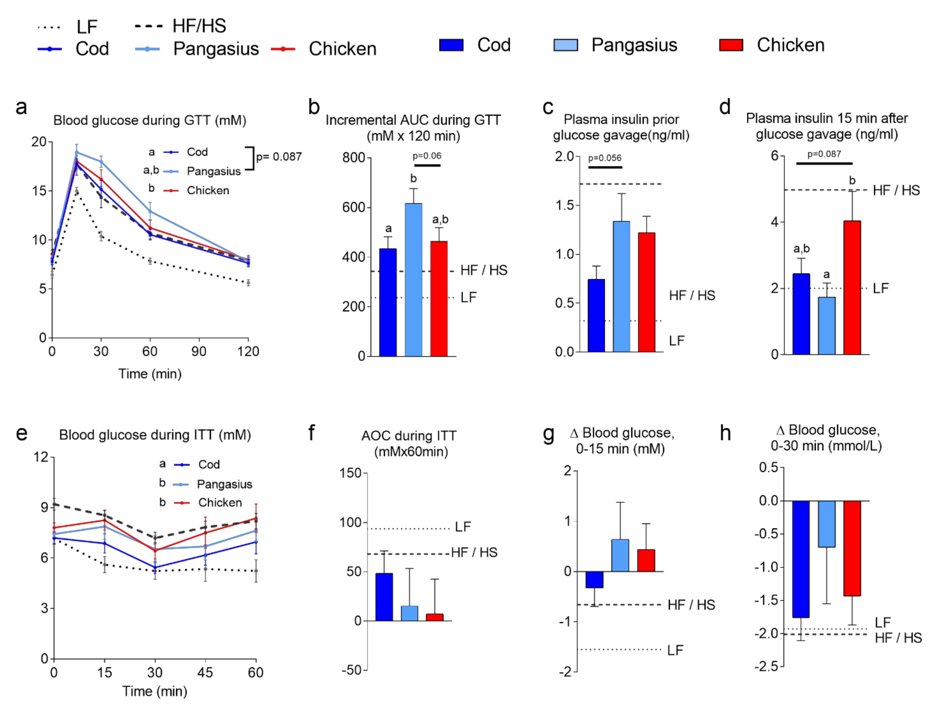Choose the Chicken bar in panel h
click(x=852, y=548)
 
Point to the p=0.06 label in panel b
click(x=427, y=156)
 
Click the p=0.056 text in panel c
click(x=604, y=158)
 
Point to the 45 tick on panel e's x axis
click(x=205, y=672)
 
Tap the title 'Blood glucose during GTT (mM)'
click(x=149, y=120)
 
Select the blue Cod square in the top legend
click(x=451, y=45)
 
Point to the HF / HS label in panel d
click(x=896, y=190)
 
